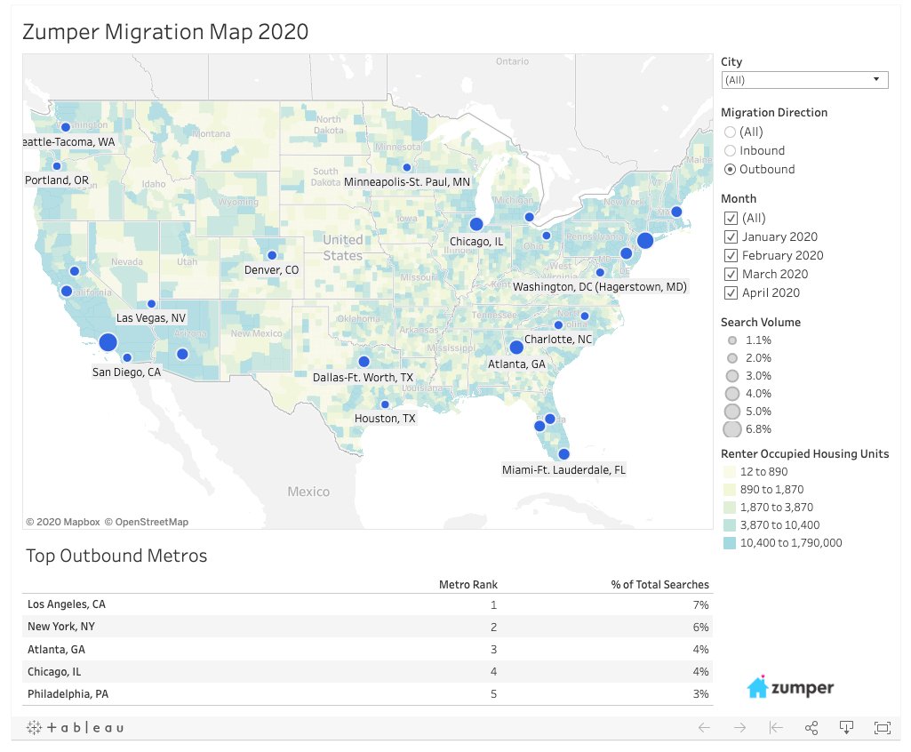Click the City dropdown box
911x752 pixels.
(804, 80)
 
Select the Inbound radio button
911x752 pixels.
(731, 150)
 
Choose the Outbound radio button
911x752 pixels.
(731, 169)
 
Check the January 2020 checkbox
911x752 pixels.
(731, 236)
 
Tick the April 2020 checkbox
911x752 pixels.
(731, 292)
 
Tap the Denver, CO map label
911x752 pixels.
(272, 269)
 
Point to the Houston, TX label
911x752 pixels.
(384, 418)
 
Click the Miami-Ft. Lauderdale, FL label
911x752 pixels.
(563, 469)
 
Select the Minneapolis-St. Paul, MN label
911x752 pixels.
(407, 181)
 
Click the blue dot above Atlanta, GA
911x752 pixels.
(516, 348)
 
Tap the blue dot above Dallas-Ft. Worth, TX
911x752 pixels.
(364, 361)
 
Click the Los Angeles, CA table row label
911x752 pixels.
(66, 604)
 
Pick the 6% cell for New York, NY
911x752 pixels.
(701, 627)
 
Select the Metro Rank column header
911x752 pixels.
(468, 585)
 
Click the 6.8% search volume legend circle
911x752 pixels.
(732, 430)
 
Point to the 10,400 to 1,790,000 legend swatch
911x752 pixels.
(731, 543)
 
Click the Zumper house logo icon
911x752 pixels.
(757, 687)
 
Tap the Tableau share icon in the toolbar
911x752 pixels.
(811, 728)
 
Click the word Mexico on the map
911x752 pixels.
(308, 492)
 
